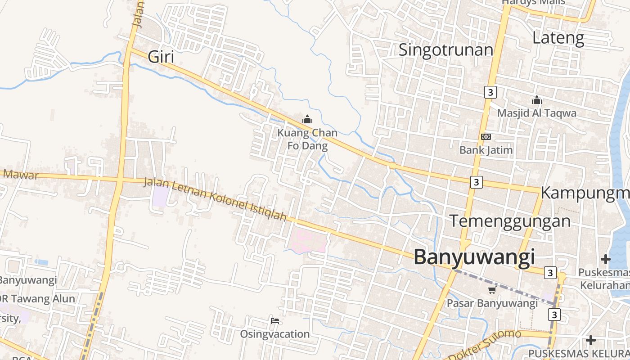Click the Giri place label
(x=161, y=57)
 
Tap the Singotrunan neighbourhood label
(x=446, y=49)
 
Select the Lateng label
(x=558, y=38)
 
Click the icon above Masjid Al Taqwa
(x=536, y=100)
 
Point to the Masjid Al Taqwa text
(x=536, y=113)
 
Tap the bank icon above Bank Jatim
(x=486, y=137)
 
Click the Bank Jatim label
(x=486, y=150)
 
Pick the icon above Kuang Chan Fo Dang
(x=307, y=120)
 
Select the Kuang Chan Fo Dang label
(x=307, y=139)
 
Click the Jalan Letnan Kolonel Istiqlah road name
(x=215, y=199)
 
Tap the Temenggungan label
(x=510, y=221)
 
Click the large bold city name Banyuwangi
(x=474, y=257)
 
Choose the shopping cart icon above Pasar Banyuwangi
(x=492, y=290)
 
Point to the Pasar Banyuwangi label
(x=492, y=303)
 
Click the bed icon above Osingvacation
(x=275, y=321)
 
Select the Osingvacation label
(x=274, y=334)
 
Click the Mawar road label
(x=20, y=174)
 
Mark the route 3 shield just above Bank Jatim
(x=490, y=92)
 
